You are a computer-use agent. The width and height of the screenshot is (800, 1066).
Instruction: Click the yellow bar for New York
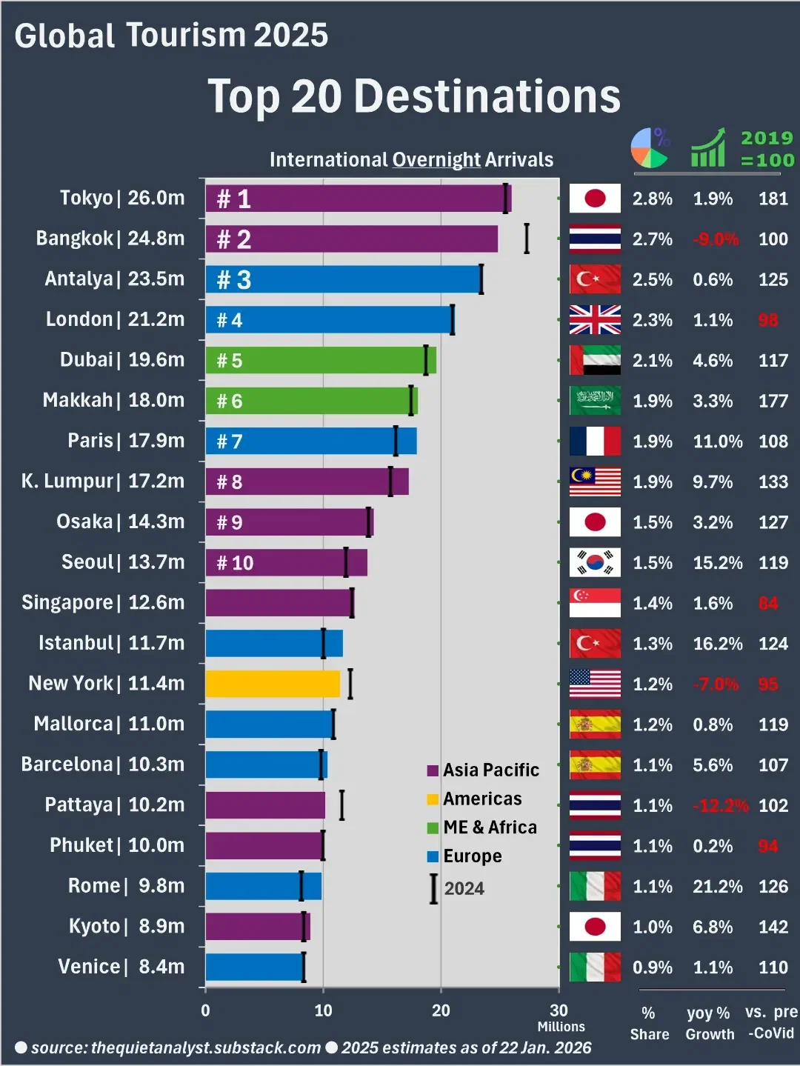point(272,684)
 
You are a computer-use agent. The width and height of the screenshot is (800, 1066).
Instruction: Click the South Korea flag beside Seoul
point(595,563)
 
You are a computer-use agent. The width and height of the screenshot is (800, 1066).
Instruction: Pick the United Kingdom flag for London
point(595,320)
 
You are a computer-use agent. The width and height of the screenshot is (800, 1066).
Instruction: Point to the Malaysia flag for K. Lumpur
point(595,482)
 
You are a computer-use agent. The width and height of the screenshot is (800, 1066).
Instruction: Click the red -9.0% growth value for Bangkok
point(715,239)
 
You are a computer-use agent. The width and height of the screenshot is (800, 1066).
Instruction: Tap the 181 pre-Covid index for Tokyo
point(773,199)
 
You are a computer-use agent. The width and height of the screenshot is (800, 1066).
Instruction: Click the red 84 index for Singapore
point(768,604)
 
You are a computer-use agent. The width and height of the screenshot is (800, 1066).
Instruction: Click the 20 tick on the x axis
point(441,1010)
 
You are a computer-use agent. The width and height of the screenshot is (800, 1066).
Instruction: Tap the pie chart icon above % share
point(650,147)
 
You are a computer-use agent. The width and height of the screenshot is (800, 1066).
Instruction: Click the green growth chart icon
point(708,148)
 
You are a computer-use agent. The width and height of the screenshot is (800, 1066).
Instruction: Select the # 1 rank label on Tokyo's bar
point(233,199)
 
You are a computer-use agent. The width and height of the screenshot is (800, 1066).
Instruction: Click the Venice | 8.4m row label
point(121,967)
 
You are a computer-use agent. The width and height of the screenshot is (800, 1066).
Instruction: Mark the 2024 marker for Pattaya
point(341,805)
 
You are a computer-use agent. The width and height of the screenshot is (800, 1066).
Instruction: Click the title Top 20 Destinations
point(414,96)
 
